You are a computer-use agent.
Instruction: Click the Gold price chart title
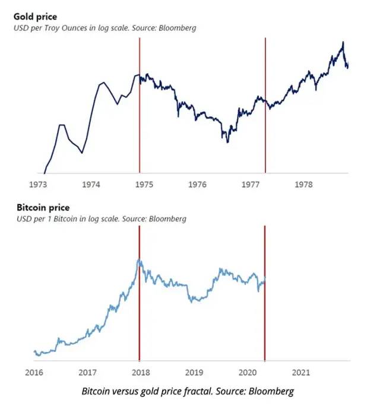35,17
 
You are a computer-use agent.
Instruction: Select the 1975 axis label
144,185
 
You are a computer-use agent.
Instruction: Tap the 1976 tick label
197,185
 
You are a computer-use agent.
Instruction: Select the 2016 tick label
34,373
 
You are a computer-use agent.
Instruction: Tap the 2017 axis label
87,373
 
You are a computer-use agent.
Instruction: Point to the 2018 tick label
141,373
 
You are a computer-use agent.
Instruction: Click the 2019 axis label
194,373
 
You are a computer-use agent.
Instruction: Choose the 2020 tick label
248,373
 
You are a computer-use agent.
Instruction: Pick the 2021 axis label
301,373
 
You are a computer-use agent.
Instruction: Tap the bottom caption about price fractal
188,391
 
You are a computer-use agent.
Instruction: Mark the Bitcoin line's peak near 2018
139,260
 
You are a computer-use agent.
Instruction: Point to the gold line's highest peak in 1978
343,42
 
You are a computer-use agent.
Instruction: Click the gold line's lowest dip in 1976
227,141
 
